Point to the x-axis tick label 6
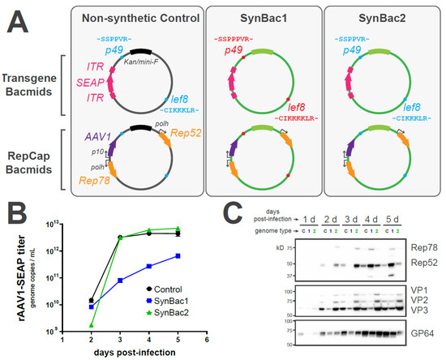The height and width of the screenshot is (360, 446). coord(207,340)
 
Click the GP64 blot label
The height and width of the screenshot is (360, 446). coord(423,332)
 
